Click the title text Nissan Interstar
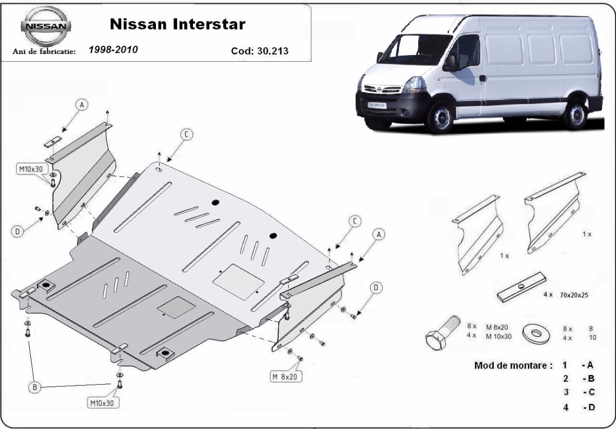pyautogui.click(x=178, y=24)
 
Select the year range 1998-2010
pyautogui.click(x=113, y=50)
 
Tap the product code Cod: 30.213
pyautogui.click(x=260, y=51)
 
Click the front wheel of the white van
pyautogui.click(x=440, y=117)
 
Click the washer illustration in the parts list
pyautogui.click(x=535, y=333)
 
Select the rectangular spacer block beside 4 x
pyautogui.click(x=520, y=288)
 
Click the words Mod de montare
pyautogui.click(x=513, y=366)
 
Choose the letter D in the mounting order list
pyautogui.click(x=589, y=408)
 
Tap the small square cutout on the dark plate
pyautogui.click(x=176, y=307)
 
